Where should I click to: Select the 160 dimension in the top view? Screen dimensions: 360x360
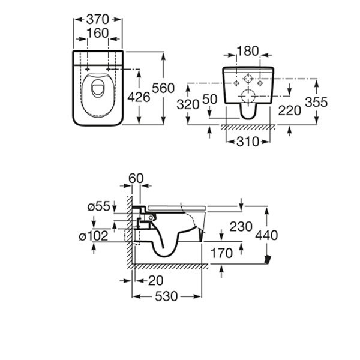tap(97, 32)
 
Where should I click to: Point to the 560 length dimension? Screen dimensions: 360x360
tap(163, 88)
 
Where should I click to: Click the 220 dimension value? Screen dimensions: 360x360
tap(290, 110)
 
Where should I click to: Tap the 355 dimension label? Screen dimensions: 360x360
tap(316, 103)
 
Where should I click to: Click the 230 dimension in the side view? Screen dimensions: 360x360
tap(241, 227)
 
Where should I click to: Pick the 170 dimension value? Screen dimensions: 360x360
tap(221, 253)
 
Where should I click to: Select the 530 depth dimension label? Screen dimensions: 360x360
tap(166, 297)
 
